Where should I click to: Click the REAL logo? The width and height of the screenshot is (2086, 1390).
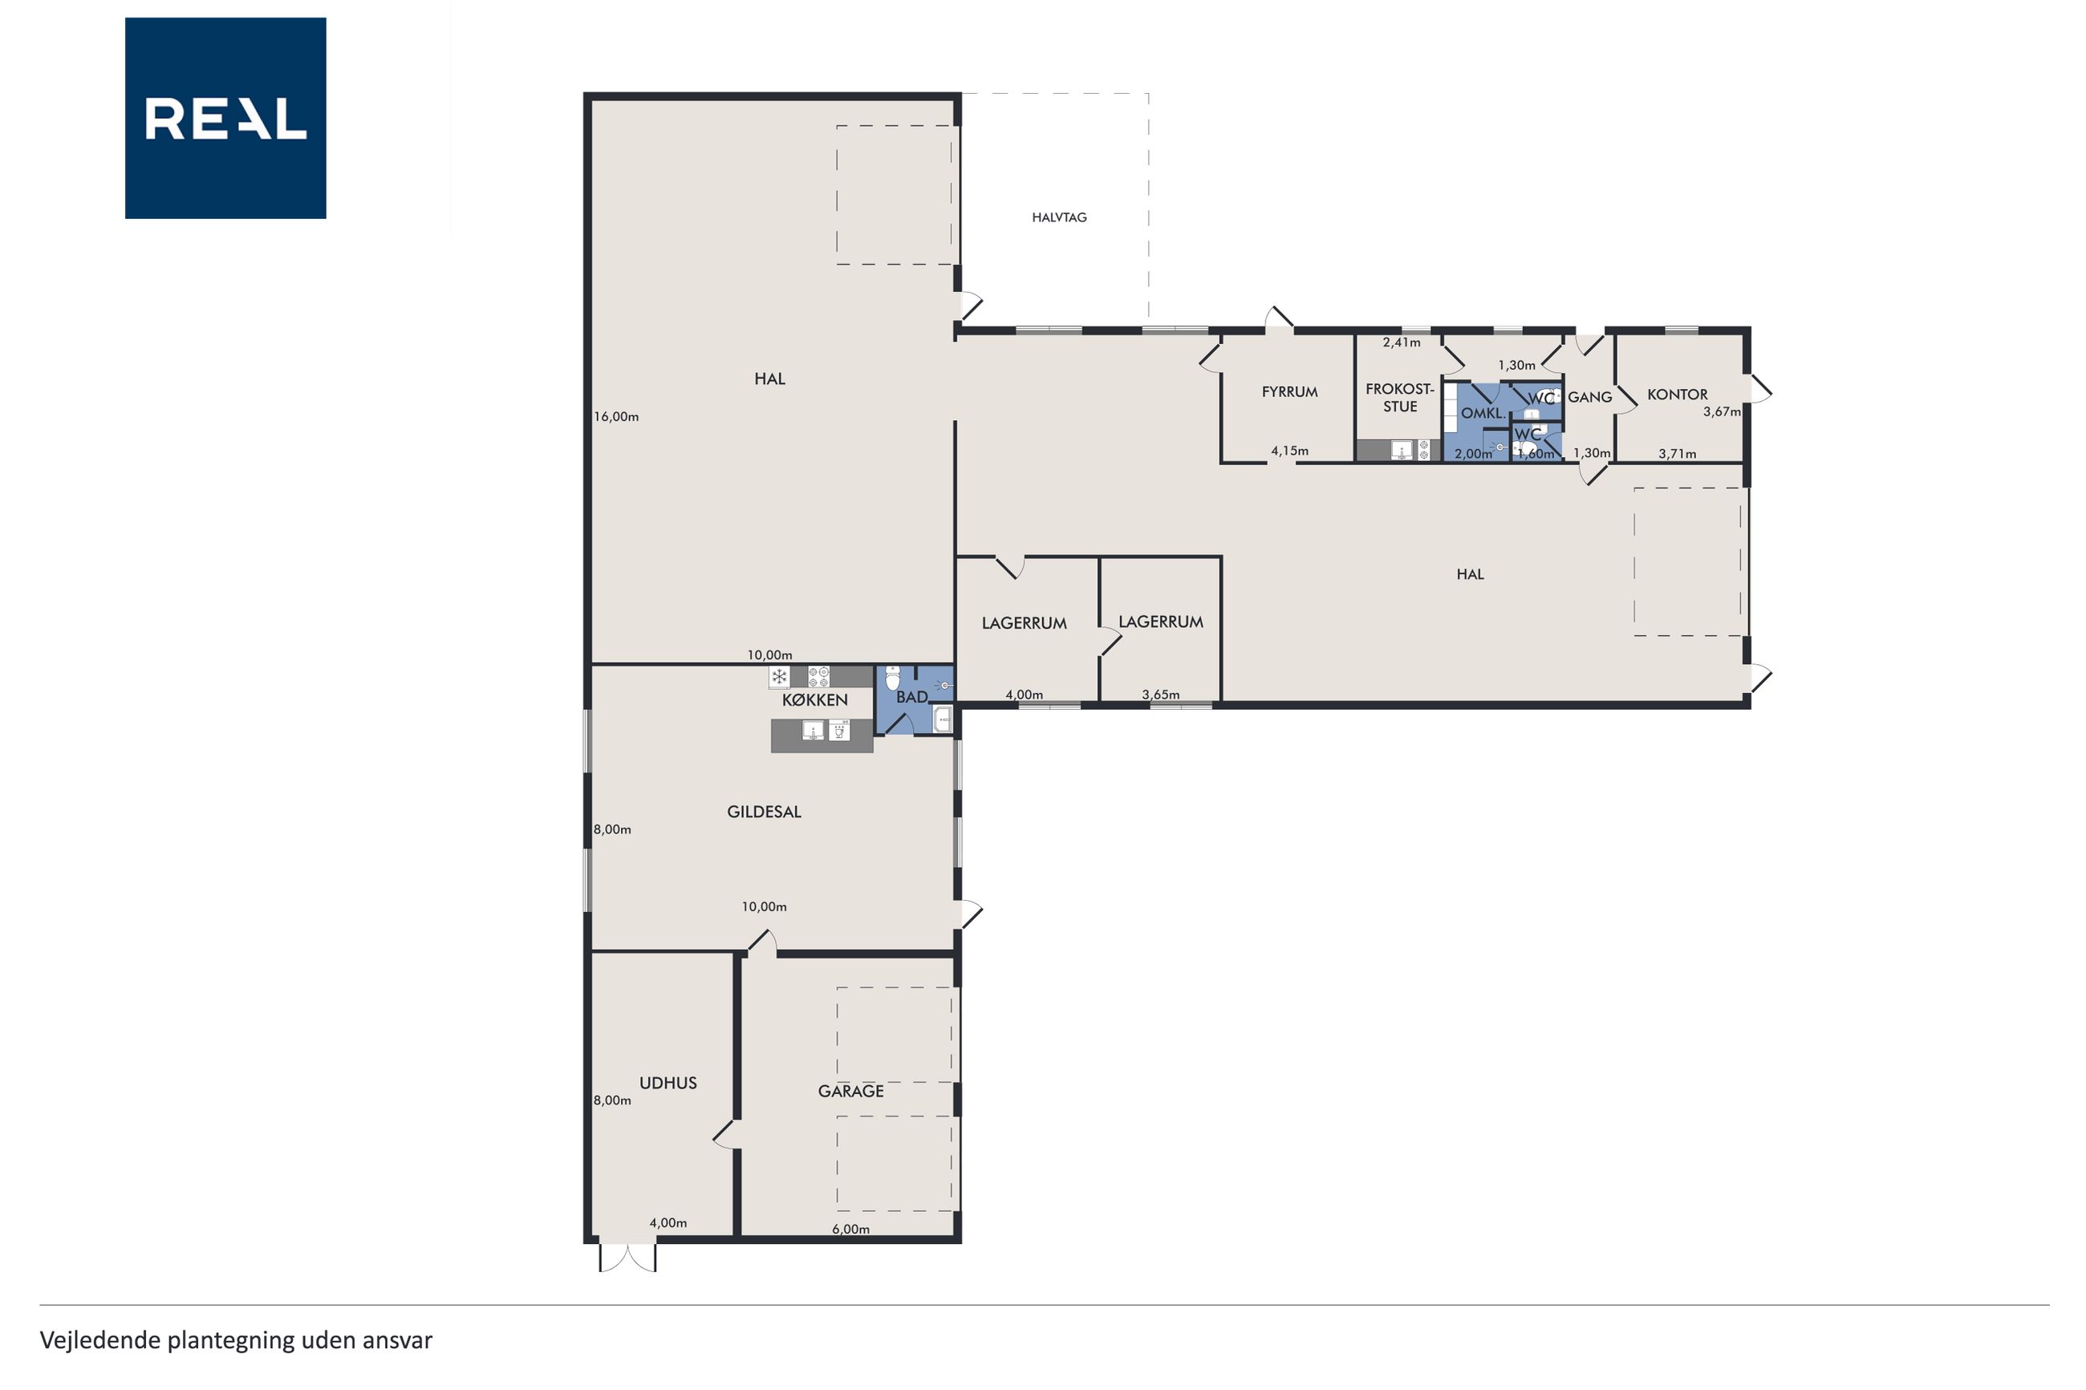(225, 118)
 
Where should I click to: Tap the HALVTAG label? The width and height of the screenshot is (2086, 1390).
(1058, 217)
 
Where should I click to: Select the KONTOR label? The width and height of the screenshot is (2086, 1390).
(1677, 395)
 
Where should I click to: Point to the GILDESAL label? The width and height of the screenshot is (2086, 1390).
(763, 812)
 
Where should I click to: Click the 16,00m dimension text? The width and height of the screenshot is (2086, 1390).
(616, 416)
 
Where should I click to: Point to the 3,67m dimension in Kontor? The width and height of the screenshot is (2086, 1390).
(1721, 412)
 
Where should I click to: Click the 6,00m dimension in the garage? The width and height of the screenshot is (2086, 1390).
(850, 1230)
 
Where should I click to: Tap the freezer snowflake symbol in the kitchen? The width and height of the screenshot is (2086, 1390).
(779, 677)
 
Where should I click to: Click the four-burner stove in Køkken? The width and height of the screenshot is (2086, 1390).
(818, 677)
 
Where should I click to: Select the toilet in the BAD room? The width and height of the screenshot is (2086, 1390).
(893, 679)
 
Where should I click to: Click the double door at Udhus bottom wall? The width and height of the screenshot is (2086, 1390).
(627, 1257)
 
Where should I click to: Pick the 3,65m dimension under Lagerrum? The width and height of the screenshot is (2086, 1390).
(1160, 695)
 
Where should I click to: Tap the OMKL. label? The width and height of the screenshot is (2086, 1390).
(1483, 414)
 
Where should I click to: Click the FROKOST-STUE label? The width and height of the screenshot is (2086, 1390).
(1400, 398)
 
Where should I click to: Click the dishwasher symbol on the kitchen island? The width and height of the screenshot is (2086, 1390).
(838, 731)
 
